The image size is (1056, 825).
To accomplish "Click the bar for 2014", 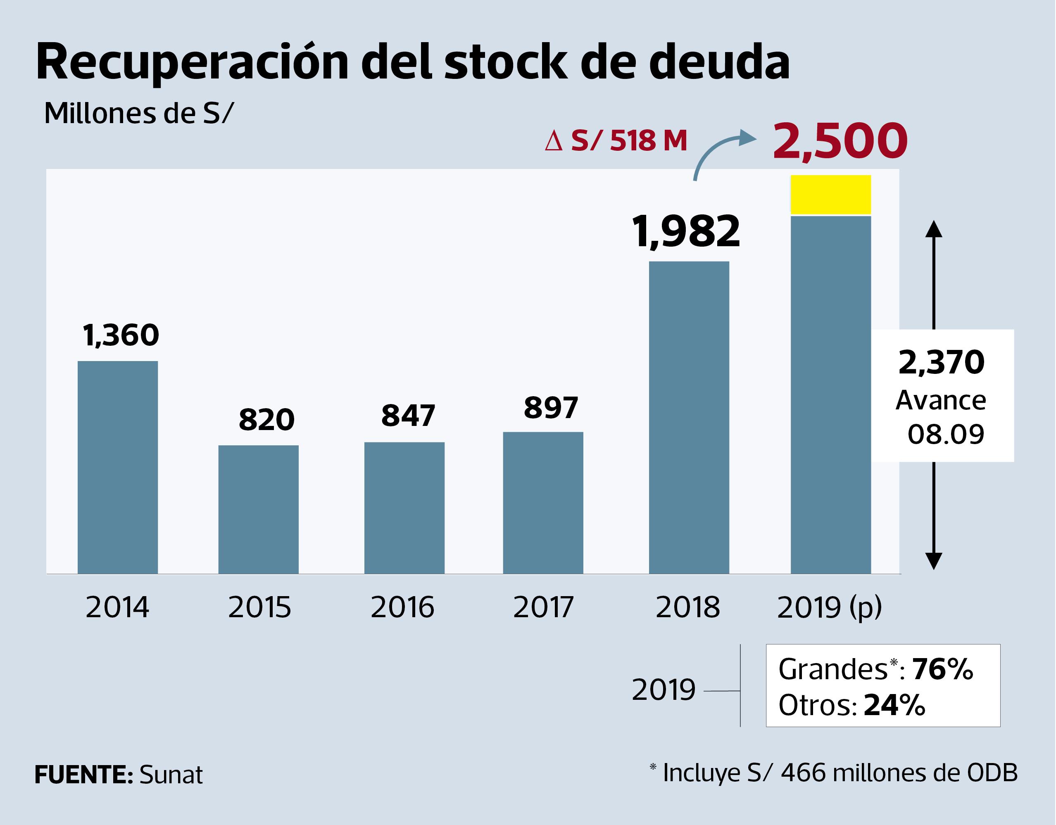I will pos(117,467).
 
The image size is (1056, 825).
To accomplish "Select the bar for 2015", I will pos(258,509).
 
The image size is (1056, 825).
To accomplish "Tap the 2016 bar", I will pos(404,508).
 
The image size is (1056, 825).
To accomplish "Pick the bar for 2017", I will pos(543,502).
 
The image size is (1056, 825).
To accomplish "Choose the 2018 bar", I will pos(689,417).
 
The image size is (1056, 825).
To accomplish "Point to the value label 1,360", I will pos(121,335).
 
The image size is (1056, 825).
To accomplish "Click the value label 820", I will pos(266,419).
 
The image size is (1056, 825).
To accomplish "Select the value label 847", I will pos(408,416).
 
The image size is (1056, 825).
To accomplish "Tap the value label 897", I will pos(551,408).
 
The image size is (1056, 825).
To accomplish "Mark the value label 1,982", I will pos(686,232).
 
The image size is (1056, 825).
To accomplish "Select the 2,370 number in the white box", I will pos(941,362).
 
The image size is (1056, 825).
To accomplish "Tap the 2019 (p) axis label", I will pos(829,607).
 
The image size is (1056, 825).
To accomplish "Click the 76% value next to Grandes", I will pos(942,669).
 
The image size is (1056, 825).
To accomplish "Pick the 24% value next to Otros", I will pos(894,705).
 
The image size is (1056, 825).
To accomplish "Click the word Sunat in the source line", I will pos(171,775).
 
